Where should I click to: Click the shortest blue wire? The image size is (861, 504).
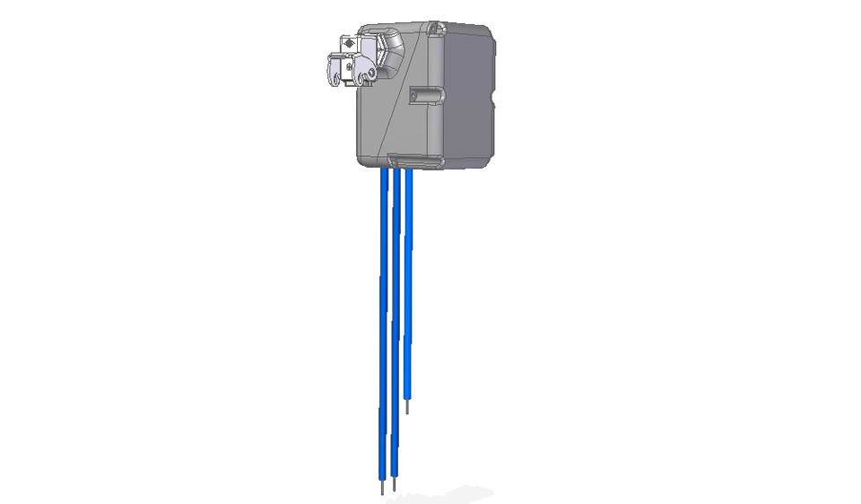(x=408, y=287)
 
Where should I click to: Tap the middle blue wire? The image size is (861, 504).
(x=395, y=323)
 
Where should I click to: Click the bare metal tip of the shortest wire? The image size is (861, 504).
(x=408, y=407)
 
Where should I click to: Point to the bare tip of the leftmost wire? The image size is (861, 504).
(x=382, y=489)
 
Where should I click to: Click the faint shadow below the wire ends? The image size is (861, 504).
(x=448, y=493)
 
